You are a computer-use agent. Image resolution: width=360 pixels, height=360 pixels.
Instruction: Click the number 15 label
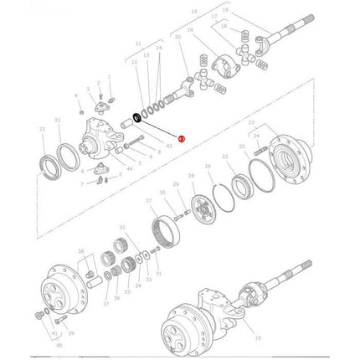(195, 13)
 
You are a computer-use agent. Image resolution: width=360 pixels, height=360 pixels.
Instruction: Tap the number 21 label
(58, 121)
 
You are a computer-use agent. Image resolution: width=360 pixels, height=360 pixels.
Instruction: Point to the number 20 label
(177, 37)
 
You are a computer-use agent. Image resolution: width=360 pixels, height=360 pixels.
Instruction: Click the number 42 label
(168, 146)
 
